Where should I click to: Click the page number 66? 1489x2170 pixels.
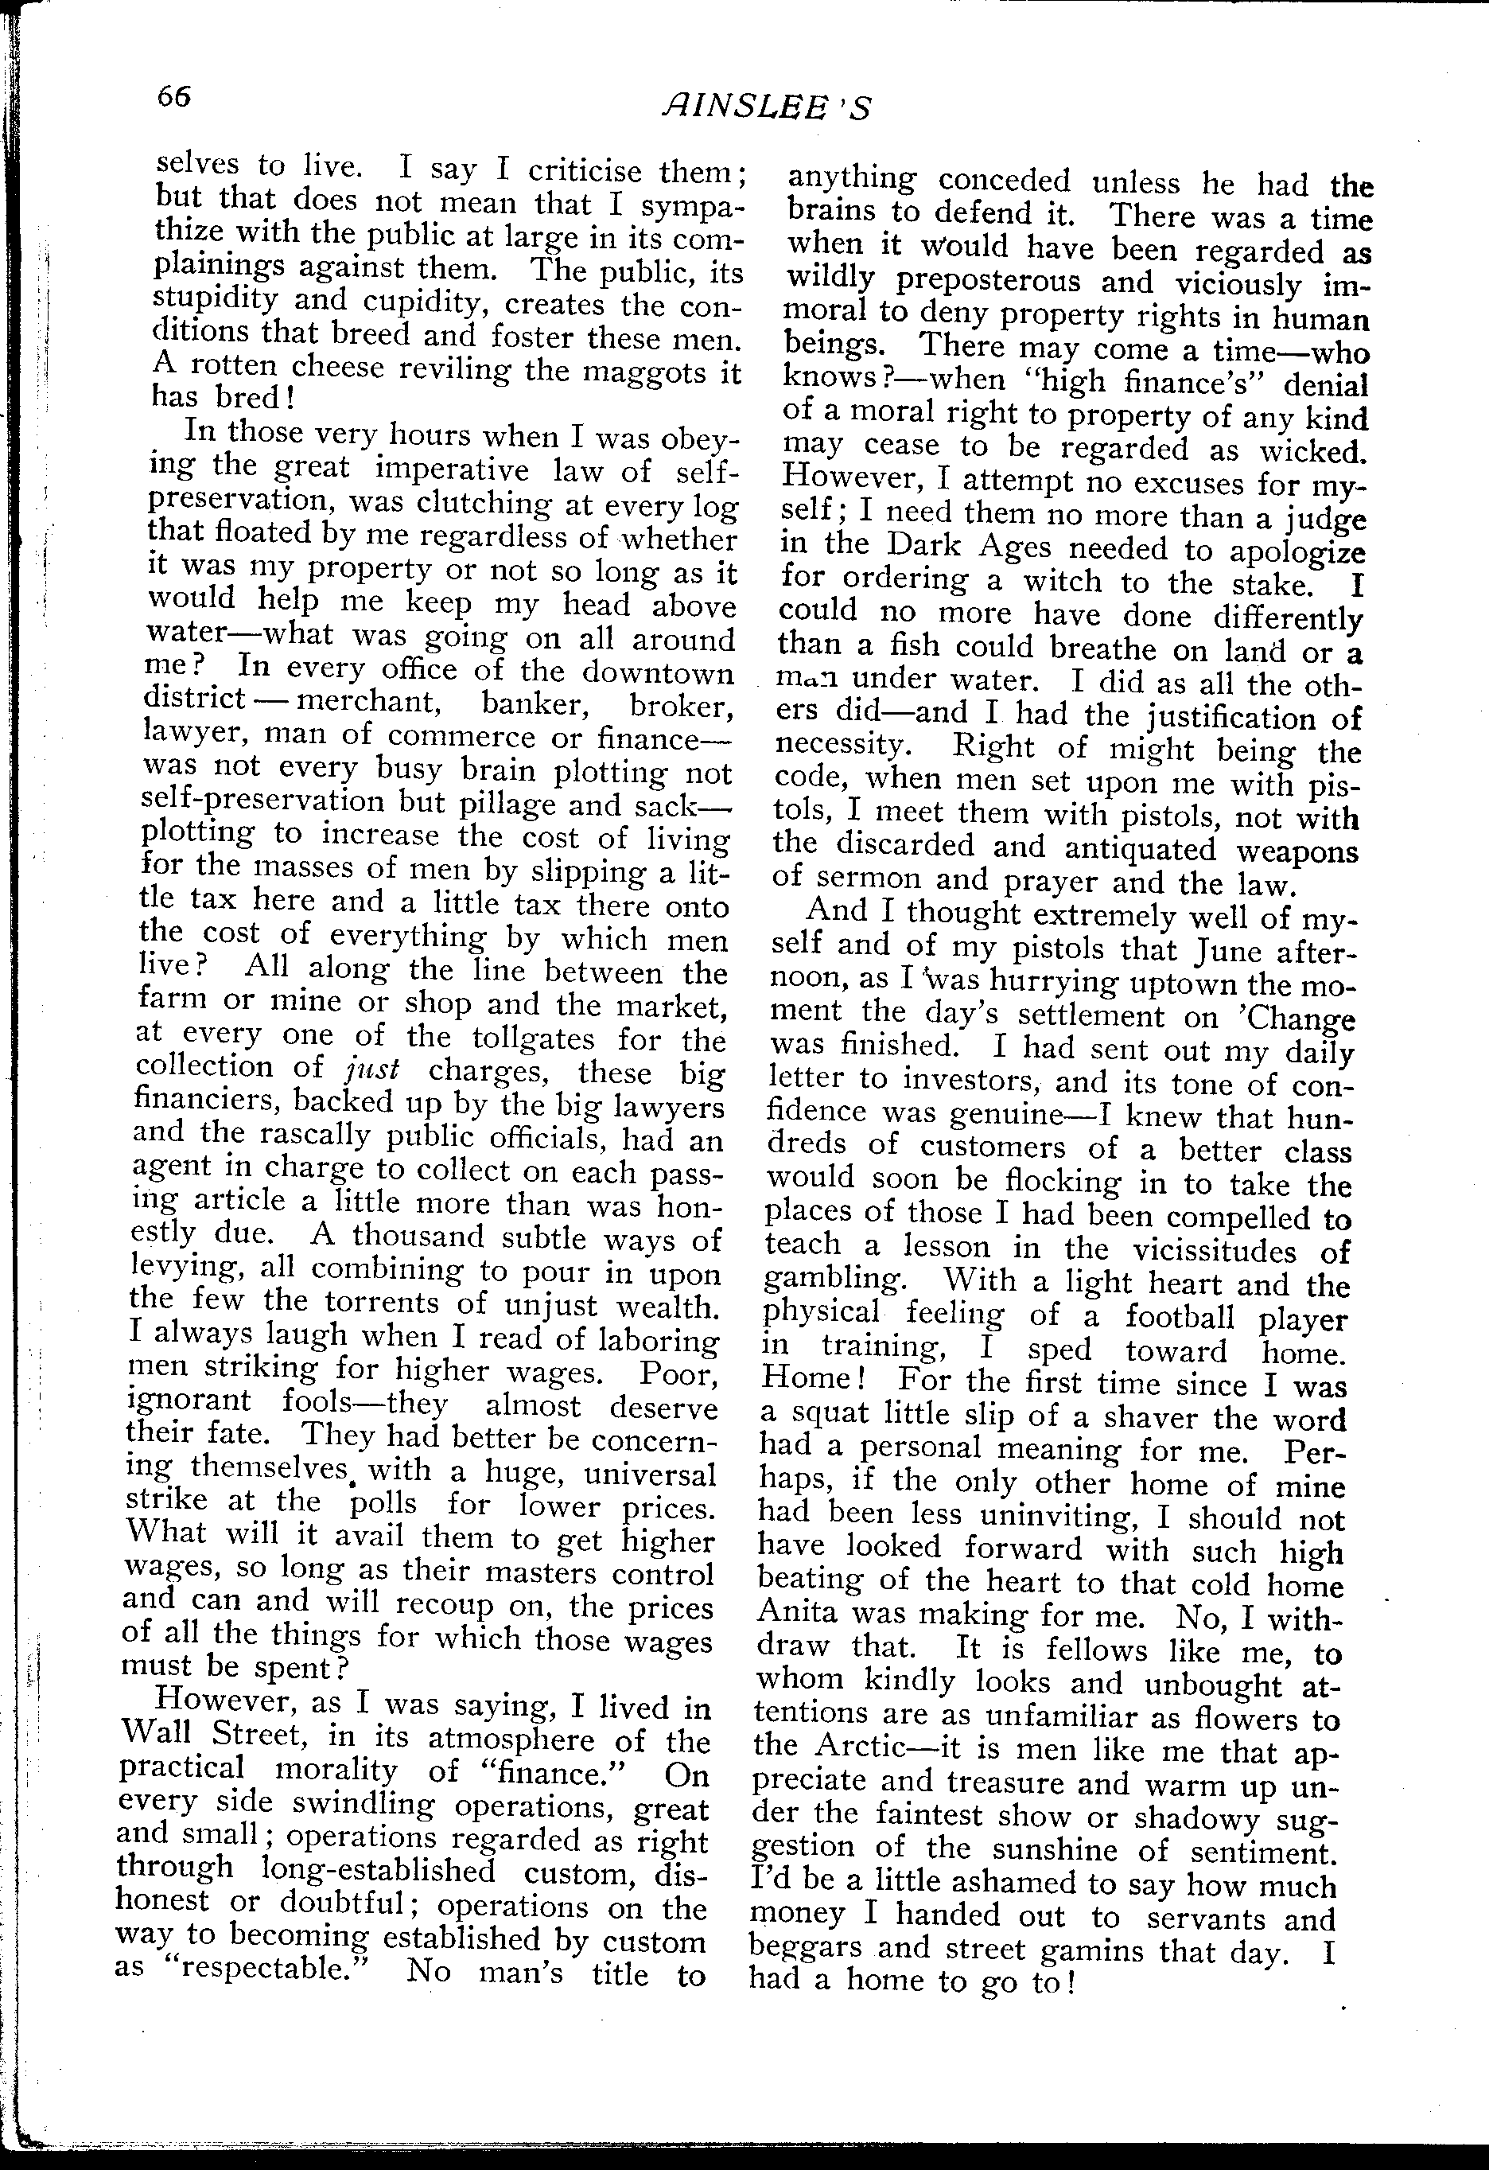(174, 96)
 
